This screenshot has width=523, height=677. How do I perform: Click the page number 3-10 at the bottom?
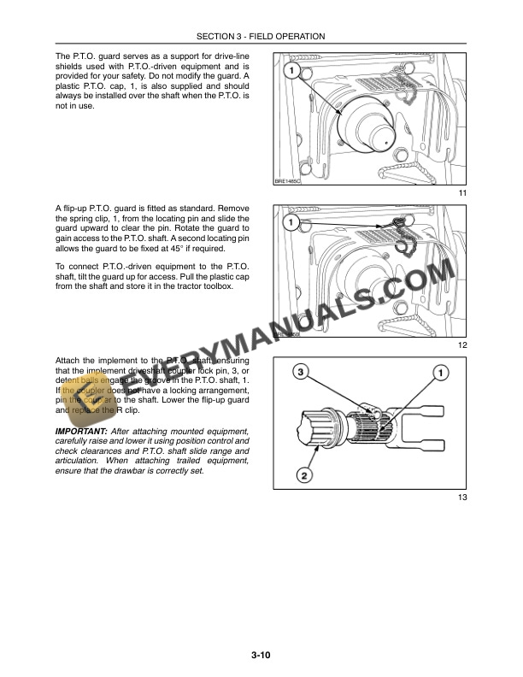point(261,656)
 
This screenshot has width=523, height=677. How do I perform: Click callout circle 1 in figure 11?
point(292,71)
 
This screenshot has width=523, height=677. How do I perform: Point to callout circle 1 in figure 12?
point(292,223)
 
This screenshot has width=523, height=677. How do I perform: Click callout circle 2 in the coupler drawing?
point(305,474)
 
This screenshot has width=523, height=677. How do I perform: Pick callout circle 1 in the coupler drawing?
point(441,373)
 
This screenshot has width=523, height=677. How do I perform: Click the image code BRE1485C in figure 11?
point(290,181)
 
